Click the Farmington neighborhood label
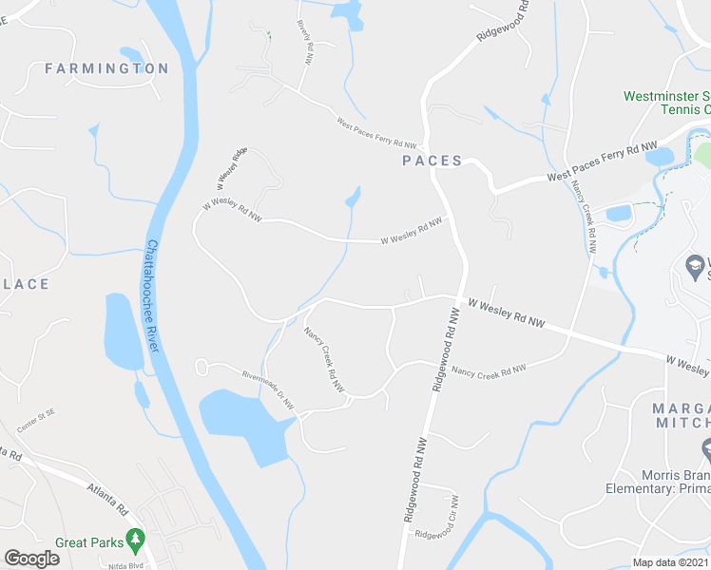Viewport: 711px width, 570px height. [106, 68]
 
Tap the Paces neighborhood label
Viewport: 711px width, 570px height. [432, 161]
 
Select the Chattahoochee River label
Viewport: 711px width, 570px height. [153, 295]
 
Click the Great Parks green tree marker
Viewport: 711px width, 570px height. [135, 540]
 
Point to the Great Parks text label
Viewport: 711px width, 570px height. [89, 542]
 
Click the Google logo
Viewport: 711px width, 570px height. [31, 559]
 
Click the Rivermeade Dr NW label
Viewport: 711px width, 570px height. [269, 389]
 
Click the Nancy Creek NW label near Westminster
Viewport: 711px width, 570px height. [586, 216]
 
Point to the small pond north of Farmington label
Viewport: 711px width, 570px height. [130, 53]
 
